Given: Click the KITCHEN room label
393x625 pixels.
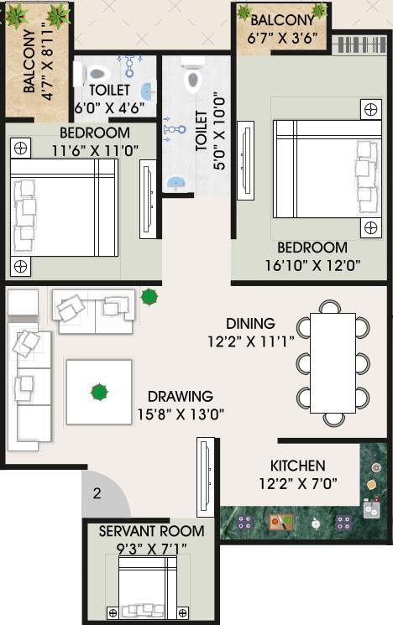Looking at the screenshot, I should click(x=297, y=466).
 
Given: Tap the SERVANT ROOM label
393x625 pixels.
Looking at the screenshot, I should click(x=151, y=531).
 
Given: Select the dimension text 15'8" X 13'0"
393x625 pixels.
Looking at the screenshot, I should click(x=180, y=413).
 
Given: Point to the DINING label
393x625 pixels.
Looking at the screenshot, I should click(x=250, y=323).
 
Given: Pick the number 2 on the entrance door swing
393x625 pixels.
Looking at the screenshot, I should click(x=97, y=494).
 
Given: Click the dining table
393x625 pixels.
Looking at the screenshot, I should click(x=333, y=362).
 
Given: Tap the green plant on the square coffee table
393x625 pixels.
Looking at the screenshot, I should click(x=99, y=391).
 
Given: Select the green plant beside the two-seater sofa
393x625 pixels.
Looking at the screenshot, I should click(x=149, y=296).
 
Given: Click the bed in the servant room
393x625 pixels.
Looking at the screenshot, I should click(x=146, y=588).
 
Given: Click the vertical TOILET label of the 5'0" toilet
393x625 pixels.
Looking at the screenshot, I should click(x=201, y=131).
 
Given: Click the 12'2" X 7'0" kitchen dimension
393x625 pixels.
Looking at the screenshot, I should click(x=297, y=483).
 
